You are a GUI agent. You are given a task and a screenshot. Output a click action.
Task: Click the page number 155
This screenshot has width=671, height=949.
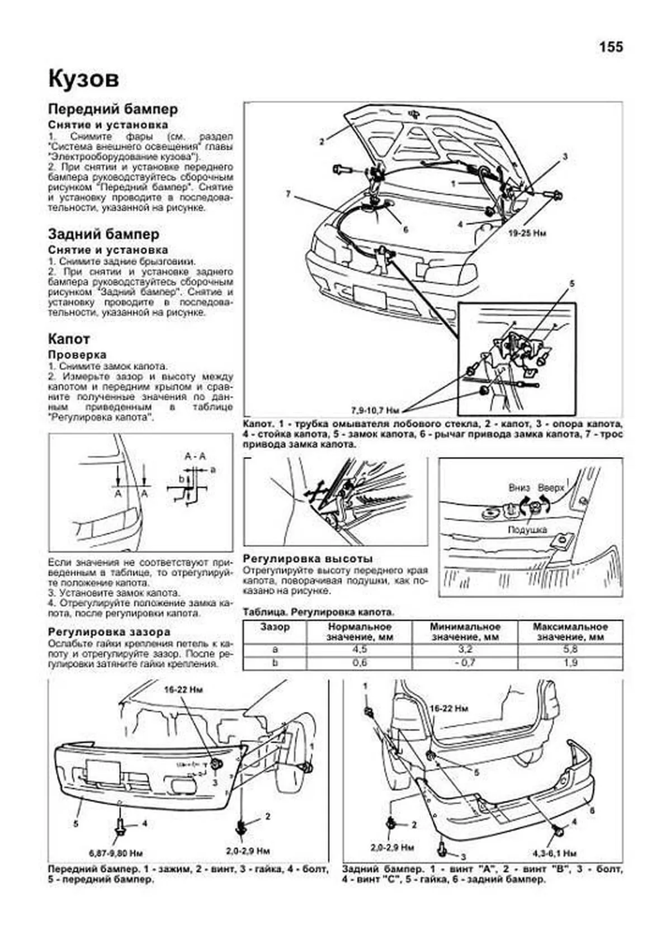coord(611,47)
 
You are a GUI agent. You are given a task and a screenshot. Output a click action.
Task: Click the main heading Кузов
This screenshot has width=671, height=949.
coord(83,79)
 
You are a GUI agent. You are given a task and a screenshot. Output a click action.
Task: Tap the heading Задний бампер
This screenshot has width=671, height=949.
coord(103,234)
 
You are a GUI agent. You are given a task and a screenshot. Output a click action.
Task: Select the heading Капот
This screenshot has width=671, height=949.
coord(69,339)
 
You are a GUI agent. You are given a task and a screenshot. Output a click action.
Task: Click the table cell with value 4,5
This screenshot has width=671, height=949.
coord(359,650)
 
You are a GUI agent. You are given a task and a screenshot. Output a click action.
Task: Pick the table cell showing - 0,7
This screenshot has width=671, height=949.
coord(465,663)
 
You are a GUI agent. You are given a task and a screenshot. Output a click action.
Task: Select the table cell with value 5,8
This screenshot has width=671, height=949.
coord(570,650)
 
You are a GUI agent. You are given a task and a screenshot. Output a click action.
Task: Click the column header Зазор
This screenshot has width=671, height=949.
coord(275,627)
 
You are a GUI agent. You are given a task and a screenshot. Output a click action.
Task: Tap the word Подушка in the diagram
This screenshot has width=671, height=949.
coord(527,529)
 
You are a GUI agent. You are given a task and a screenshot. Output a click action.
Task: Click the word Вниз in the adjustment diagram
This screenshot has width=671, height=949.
coord(519,487)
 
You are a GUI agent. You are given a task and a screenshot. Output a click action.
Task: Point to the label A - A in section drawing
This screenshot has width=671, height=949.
coord(195,456)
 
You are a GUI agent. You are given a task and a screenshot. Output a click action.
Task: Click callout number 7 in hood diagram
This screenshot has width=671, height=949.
coord(288,194)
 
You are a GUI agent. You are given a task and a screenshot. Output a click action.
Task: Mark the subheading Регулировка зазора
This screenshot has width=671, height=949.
coord(108,632)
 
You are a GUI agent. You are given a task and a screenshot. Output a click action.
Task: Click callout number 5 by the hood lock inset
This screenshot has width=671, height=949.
coord(571,284)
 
